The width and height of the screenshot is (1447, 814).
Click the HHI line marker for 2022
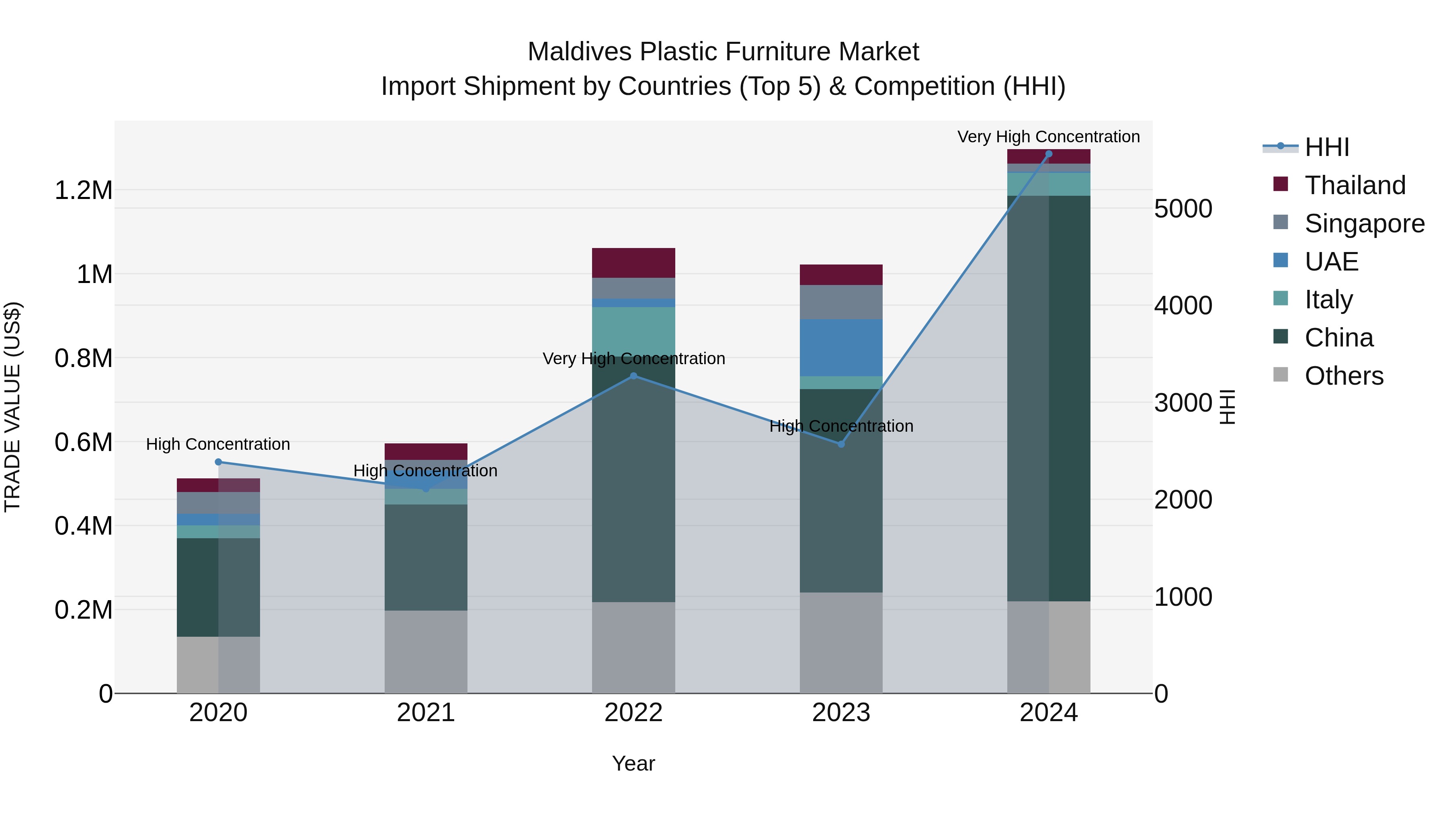click(x=633, y=376)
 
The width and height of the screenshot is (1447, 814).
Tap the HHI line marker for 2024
click(x=1048, y=154)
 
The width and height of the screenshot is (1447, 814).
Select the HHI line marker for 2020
click(x=219, y=462)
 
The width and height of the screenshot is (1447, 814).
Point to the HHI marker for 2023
click(x=841, y=444)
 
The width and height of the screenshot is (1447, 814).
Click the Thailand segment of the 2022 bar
click(x=633, y=263)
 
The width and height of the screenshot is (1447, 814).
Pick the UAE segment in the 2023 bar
click(x=841, y=347)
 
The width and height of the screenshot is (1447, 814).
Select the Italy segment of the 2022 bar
click(x=633, y=332)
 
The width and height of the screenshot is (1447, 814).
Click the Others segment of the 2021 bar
click(x=426, y=652)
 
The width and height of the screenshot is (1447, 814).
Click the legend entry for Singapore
click(x=1364, y=223)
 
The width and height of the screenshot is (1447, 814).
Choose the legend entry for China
click(x=1338, y=338)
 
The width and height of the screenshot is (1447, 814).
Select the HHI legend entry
click(x=1326, y=147)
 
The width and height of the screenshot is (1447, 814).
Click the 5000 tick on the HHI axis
click(x=1183, y=209)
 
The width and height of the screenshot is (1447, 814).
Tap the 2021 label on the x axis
click(x=426, y=713)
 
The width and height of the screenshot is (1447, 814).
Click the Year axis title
click(x=633, y=763)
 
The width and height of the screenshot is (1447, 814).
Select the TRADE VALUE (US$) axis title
click(x=12, y=407)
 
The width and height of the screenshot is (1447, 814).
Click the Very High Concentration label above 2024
click(x=1048, y=137)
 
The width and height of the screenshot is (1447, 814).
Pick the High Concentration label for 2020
click(x=218, y=444)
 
